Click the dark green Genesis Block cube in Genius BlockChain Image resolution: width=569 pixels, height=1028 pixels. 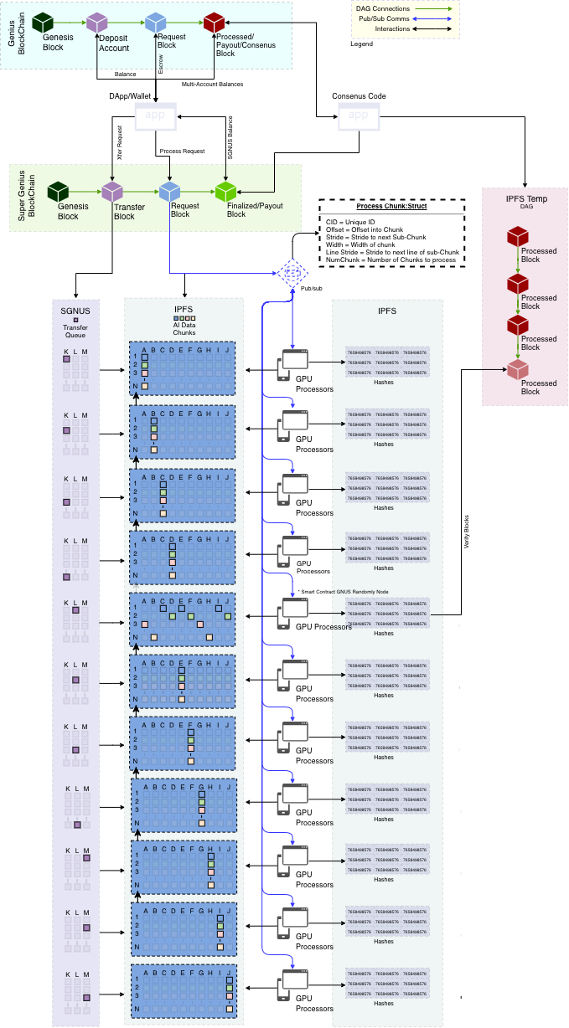43,23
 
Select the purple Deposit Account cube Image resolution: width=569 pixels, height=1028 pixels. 98,23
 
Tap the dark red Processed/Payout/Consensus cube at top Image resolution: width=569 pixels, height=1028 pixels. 215,23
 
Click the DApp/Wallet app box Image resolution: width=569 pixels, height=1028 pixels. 157,118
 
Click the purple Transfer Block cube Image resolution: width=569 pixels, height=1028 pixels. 112,192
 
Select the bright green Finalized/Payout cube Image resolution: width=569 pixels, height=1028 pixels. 226,192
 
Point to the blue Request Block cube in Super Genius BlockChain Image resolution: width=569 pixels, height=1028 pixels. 170,192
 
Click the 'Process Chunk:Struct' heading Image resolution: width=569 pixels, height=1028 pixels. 391,207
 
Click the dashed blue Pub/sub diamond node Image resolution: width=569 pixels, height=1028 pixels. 292,274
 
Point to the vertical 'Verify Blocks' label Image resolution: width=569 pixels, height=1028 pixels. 467,532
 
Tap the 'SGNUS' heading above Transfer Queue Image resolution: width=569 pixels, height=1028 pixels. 75,311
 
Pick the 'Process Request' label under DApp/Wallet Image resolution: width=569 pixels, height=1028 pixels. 182,152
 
